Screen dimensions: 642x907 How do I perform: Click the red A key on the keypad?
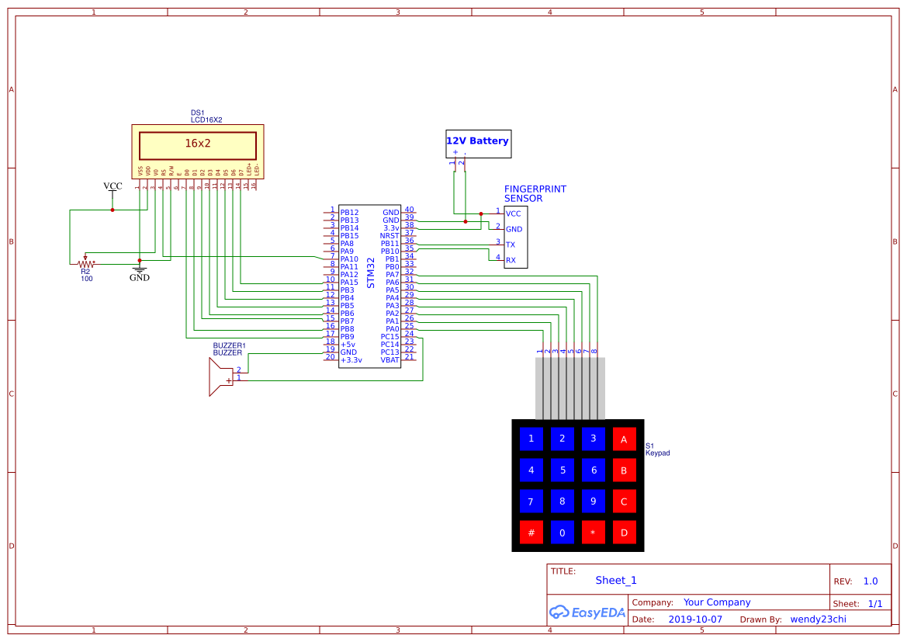[x=624, y=439]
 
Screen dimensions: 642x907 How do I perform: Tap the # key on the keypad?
[x=531, y=533]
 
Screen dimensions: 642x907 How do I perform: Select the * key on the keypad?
[x=593, y=533]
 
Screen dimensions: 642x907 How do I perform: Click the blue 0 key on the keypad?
[x=562, y=533]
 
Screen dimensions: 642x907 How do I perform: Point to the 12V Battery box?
[x=478, y=143]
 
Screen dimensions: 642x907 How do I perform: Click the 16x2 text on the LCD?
[x=197, y=144]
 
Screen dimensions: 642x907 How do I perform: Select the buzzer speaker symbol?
[x=220, y=378]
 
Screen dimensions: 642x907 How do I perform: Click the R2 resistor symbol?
[x=85, y=262]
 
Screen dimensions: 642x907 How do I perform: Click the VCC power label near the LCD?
[x=113, y=186]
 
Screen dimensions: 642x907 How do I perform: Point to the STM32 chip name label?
[x=371, y=273]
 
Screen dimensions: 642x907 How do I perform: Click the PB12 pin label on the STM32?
[x=349, y=212]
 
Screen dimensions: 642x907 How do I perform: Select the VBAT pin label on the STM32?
[x=389, y=359]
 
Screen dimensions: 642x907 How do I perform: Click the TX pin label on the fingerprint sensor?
[x=511, y=245]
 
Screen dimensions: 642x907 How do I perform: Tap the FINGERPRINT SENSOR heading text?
[x=535, y=193]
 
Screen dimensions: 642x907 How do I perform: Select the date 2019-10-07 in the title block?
[x=694, y=619]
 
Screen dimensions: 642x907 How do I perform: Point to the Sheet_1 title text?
[x=615, y=580]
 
